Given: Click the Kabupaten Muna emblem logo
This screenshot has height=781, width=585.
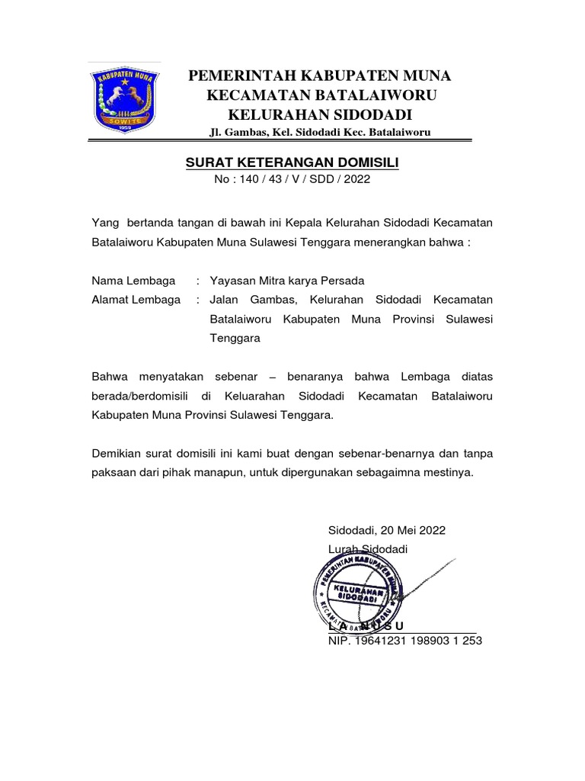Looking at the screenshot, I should point(124,99).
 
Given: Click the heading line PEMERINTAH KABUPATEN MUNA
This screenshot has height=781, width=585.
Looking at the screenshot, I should point(320,76).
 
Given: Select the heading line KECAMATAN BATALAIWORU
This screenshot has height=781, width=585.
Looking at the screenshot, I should point(320,95).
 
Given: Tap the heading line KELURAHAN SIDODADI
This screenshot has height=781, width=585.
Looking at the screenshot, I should point(320,115).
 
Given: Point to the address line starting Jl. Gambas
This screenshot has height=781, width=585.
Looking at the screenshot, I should point(320,133).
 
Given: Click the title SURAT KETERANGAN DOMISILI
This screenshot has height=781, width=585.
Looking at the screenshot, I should point(292,162).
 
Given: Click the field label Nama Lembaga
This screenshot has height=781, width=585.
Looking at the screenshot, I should point(133,280).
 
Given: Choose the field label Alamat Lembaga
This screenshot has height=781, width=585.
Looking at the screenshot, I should point(136,300).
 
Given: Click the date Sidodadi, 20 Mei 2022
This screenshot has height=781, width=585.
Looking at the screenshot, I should point(387,530).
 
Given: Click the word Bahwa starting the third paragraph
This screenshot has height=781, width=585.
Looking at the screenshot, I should point(110,377).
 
